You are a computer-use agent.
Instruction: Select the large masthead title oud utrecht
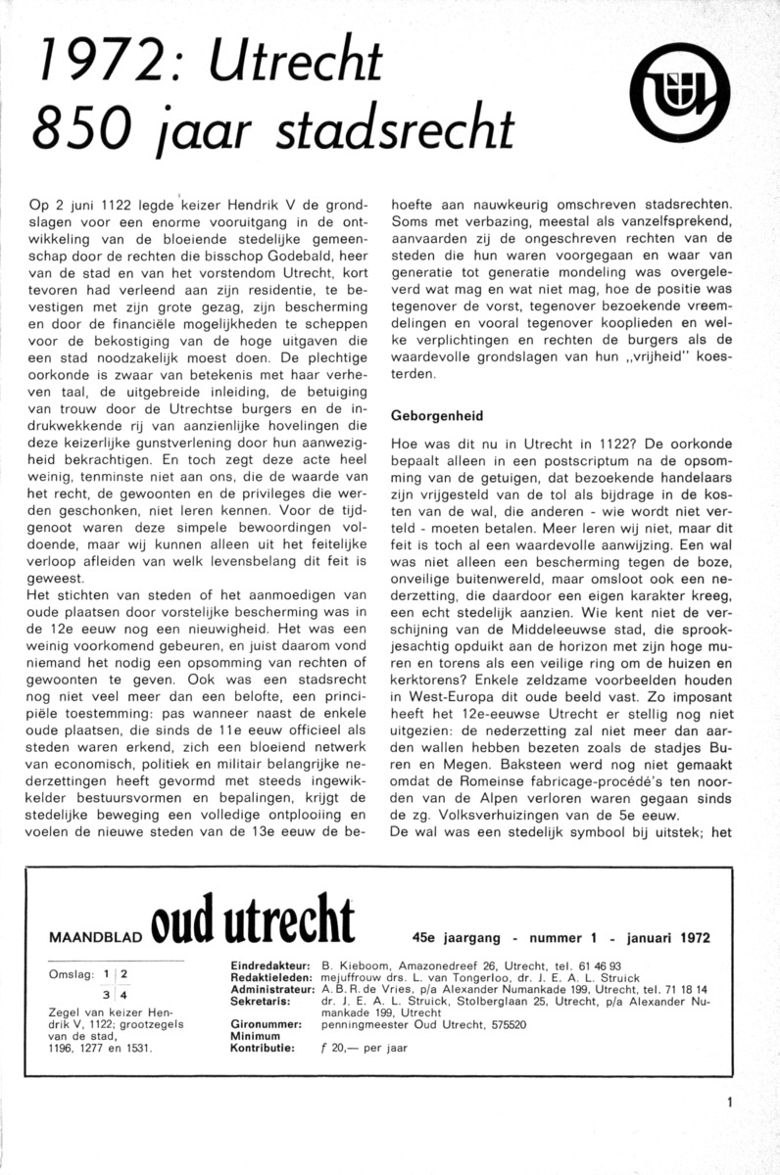[x=253, y=923]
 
